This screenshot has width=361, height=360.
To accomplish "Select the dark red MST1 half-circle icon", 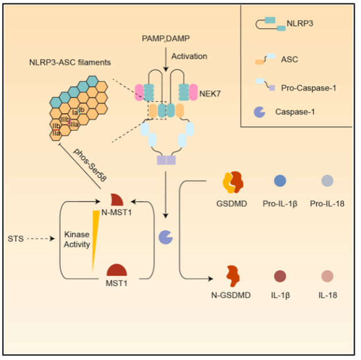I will click(117, 270).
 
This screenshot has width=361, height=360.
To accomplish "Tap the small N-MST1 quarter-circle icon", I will click(117, 200).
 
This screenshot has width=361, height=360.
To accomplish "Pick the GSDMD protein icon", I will click(233, 182).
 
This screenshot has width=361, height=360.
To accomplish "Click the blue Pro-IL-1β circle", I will click(280, 181).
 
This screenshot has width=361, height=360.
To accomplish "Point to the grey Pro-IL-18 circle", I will click(327, 181).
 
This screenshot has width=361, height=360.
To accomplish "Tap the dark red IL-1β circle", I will click(280, 276).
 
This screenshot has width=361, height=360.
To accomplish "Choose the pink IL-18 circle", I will click(327, 275).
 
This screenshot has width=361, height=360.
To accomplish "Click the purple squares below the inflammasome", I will click(166, 160).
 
